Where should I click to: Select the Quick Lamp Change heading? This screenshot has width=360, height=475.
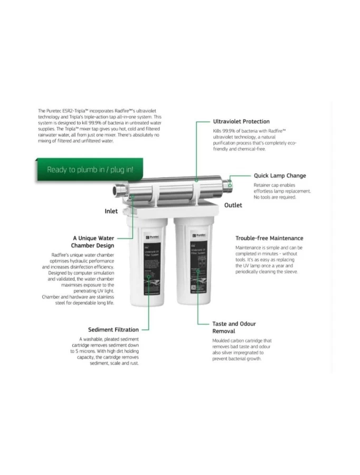[279, 176]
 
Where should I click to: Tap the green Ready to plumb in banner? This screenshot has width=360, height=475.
[90, 169]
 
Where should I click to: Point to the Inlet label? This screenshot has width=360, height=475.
[111, 211]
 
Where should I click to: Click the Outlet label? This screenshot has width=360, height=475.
[233, 205]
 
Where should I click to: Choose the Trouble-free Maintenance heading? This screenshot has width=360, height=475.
[269, 238]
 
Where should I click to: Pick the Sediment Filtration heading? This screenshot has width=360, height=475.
[113, 330]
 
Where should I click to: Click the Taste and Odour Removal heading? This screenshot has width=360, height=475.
[234, 327]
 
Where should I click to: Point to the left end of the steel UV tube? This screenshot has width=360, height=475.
[120, 188]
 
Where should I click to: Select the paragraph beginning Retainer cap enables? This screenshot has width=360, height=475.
[281, 191]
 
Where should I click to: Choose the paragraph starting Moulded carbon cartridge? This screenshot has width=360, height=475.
[242, 349]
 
